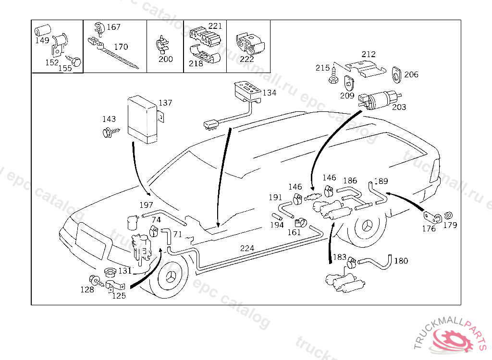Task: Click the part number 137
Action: point(165,103)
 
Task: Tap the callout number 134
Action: point(270,93)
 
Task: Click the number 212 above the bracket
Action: point(369,54)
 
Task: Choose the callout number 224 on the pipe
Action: point(247,248)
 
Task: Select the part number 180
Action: point(401,261)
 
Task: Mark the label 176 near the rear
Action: point(429,228)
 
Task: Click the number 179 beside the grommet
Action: point(450,225)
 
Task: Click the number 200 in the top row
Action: point(166,59)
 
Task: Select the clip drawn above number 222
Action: point(248,43)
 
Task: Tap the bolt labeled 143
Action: point(108,132)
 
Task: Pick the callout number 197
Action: point(147,205)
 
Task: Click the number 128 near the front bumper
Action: point(87,289)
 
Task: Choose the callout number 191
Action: point(275,197)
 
